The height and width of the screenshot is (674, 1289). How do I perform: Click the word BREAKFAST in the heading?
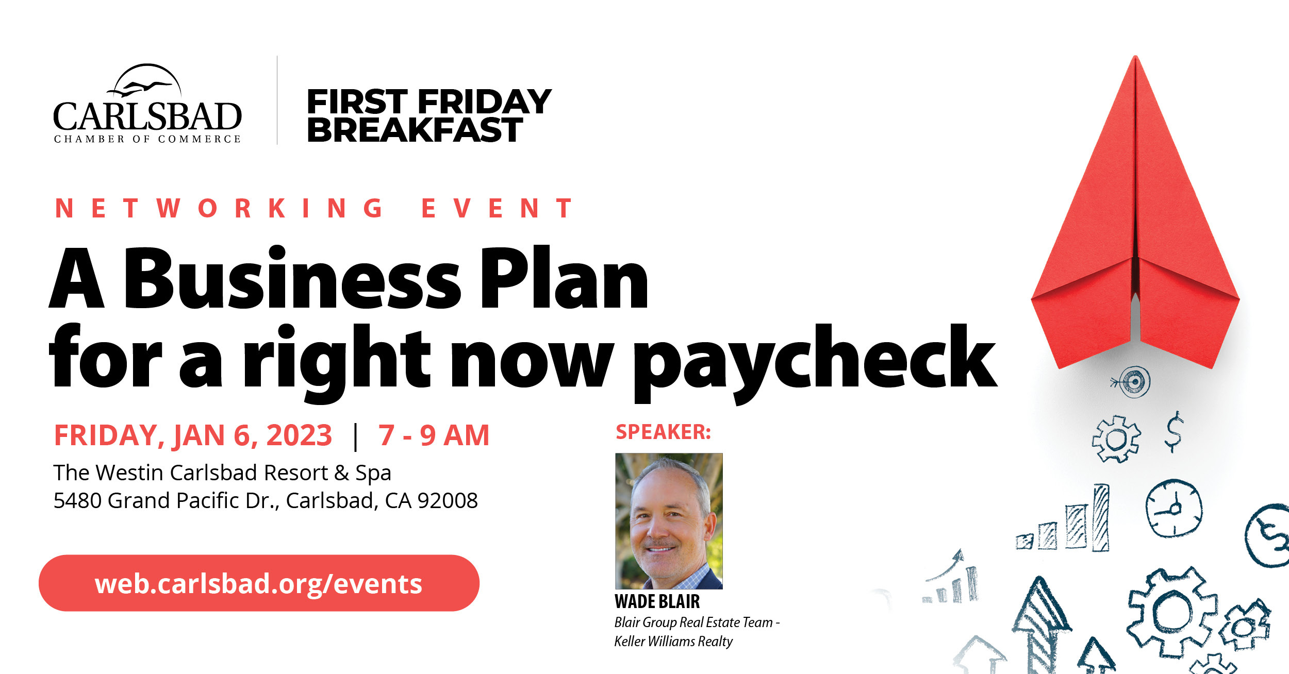pyautogui.click(x=415, y=129)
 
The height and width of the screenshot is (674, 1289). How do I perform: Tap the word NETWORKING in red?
pyautogui.click(x=219, y=209)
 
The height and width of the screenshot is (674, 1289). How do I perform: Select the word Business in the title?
pyautogui.click(x=292, y=279)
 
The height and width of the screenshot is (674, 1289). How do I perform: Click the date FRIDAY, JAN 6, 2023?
pyautogui.click(x=193, y=435)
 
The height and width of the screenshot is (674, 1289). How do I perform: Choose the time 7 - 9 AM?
pyautogui.click(x=434, y=435)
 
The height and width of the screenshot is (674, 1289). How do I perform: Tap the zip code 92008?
pyautogui.click(x=448, y=500)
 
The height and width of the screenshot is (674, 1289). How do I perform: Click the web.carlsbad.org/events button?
pyautogui.click(x=259, y=583)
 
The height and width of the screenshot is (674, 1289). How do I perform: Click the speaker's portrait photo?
pyautogui.click(x=669, y=521)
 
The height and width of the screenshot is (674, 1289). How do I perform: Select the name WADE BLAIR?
pyautogui.click(x=657, y=601)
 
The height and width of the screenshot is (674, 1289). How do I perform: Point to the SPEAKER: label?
pyautogui.click(x=664, y=432)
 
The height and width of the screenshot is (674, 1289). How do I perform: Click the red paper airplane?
pyautogui.click(x=1135, y=216)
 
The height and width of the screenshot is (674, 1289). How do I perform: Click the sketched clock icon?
pyautogui.click(x=1174, y=509)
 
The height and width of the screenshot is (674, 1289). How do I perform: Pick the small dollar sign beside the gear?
pyautogui.click(x=1174, y=432)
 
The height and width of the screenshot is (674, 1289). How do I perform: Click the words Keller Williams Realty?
pyautogui.click(x=673, y=642)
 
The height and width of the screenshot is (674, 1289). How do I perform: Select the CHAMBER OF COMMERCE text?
pyautogui.click(x=147, y=139)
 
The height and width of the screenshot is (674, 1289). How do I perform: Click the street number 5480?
pyautogui.click(x=78, y=500)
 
